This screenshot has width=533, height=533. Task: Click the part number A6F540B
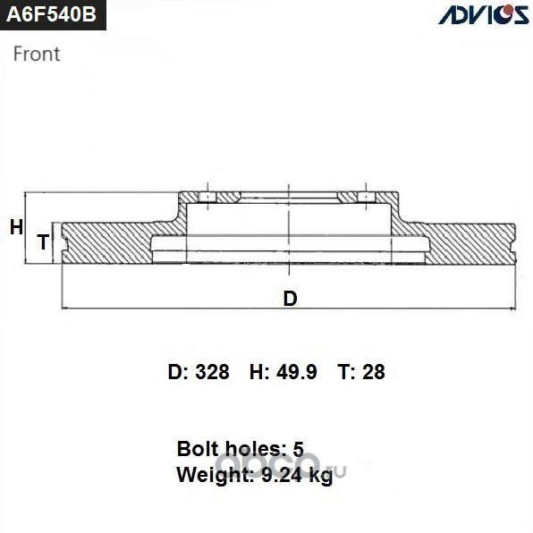(x=49, y=15)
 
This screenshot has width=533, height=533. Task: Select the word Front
(x=37, y=54)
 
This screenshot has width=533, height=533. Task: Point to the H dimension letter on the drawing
(x=15, y=228)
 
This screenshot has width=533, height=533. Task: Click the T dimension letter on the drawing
(x=42, y=241)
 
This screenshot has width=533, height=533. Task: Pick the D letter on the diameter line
(x=289, y=299)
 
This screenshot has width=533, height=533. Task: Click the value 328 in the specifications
(x=213, y=372)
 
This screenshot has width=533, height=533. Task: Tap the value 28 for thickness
(x=374, y=372)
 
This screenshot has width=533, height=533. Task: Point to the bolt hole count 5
(x=300, y=448)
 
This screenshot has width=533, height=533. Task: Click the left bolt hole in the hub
(x=207, y=197)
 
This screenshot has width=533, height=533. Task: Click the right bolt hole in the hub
(x=366, y=197)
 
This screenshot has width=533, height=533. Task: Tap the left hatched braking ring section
(x=107, y=242)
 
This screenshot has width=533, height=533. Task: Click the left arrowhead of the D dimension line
(x=63, y=309)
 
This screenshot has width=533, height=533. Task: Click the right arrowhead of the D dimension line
(x=514, y=309)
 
